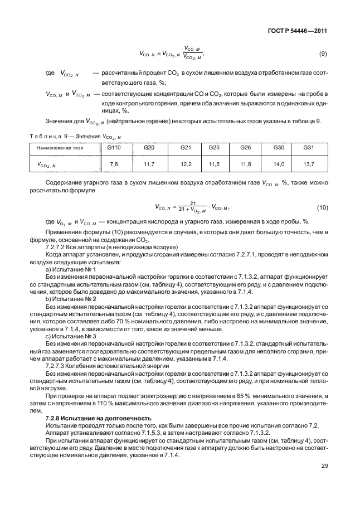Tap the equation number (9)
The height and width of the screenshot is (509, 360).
click(322, 54)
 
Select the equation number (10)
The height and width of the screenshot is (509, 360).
click(322, 207)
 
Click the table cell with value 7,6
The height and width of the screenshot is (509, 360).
click(114, 164)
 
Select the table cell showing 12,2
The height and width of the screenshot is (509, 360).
click(186, 164)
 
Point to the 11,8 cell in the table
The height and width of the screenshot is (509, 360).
click(246, 164)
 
